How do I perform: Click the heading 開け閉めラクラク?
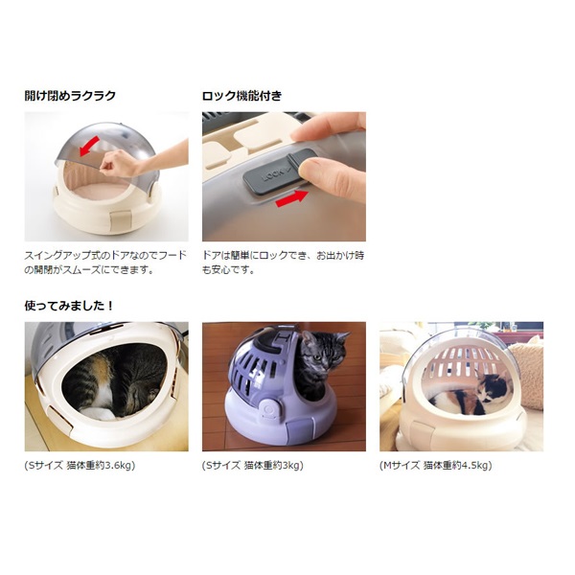[70, 96]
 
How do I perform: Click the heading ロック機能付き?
[242, 96]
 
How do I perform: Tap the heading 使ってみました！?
[69, 306]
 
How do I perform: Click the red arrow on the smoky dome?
[89, 146]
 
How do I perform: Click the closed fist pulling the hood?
[116, 164]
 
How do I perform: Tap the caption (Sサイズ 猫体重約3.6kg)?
[80, 466]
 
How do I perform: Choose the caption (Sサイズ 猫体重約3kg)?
[253, 466]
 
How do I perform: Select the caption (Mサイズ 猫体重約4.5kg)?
[436, 466]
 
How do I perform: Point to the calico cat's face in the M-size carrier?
[496, 386]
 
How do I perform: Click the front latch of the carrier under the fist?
[121, 221]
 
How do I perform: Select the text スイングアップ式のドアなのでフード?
[105, 255]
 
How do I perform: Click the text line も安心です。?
[228, 270]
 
